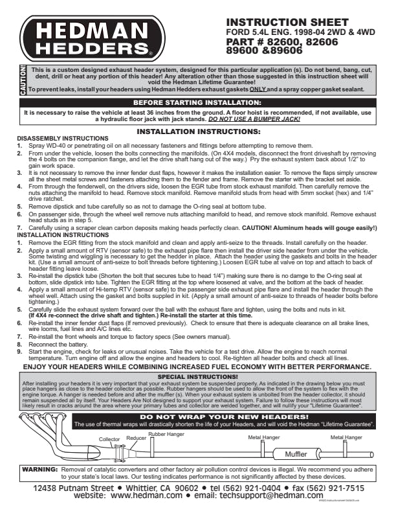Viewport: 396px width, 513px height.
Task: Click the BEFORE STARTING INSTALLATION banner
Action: pyautogui.click(x=197, y=102)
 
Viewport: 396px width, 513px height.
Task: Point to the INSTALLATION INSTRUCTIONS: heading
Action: pyautogui.click(x=198, y=131)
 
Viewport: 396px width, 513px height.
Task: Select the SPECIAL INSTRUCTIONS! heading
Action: pyautogui.click(x=197, y=376)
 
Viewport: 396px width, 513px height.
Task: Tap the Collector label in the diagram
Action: pyautogui.click(x=109, y=439)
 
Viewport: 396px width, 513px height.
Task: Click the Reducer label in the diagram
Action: pyautogui.click(x=136, y=438)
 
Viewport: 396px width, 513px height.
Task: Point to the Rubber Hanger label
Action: pyautogui.click(x=167, y=433)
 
